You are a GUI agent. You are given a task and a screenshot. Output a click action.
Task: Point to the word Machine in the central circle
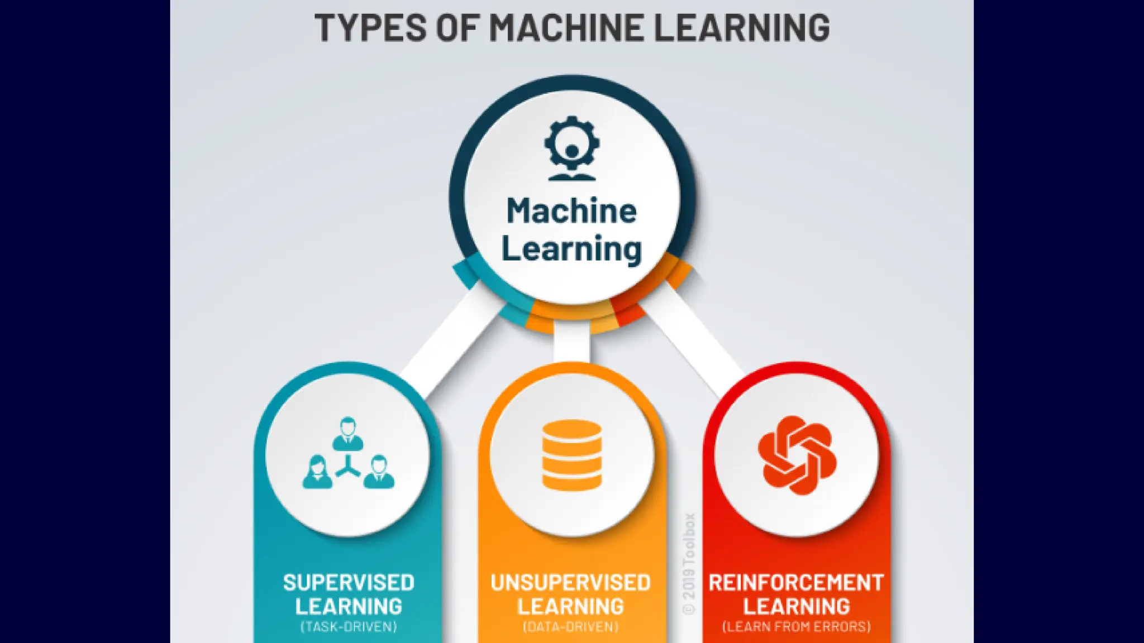pos(571,211)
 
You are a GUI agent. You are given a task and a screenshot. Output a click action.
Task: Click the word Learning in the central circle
pos(571,249)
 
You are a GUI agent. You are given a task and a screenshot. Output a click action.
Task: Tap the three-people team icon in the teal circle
pos(348,454)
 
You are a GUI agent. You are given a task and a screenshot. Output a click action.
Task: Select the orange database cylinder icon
pos(571,455)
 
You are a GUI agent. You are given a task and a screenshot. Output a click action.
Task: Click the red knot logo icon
pos(797,455)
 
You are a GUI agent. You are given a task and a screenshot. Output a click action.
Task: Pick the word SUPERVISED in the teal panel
pos(349,583)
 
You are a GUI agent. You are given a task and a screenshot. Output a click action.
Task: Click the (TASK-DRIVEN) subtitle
pos(349,627)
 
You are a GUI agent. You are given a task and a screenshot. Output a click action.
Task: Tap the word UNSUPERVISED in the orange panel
pos(571,583)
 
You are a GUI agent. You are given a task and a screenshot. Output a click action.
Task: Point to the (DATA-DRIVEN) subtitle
pos(571,627)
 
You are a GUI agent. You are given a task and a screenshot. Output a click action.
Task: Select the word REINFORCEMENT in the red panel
pos(796,583)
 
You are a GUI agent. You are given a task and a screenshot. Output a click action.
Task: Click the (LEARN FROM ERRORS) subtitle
pos(796,627)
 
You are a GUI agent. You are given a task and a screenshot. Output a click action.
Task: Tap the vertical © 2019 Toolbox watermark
pos(689,564)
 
